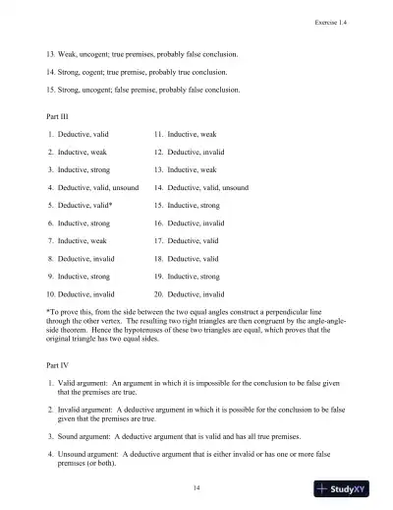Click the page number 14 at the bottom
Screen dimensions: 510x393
click(x=196, y=486)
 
